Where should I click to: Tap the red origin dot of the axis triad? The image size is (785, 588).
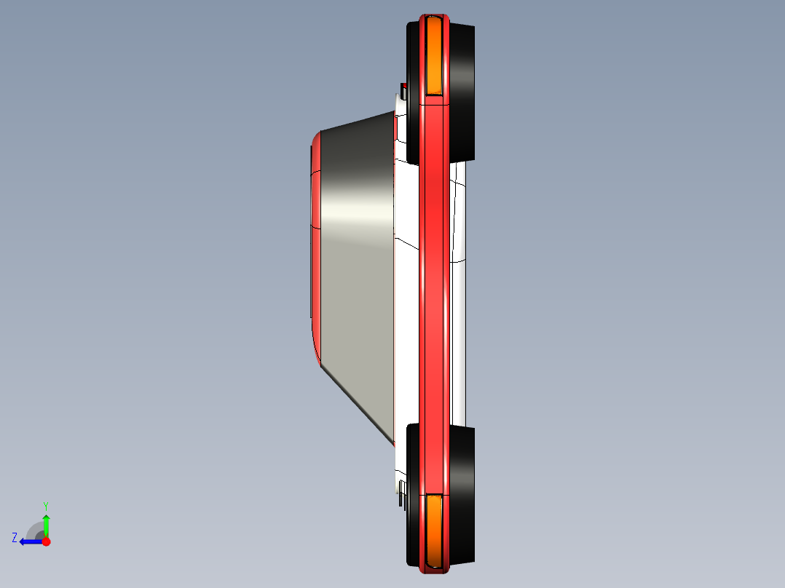(x=46, y=541)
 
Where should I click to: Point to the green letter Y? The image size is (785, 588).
(x=45, y=505)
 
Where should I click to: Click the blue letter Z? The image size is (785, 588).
(x=15, y=538)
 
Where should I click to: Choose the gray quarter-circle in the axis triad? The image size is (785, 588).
(x=36, y=531)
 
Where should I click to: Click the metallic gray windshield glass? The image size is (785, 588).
(x=357, y=255)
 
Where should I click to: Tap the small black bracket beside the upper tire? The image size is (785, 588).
(x=403, y=92)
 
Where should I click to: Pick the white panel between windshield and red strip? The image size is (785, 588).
(x=406, y=327)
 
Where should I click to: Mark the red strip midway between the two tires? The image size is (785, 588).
(x=434, y=291)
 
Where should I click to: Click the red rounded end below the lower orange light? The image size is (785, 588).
(x=434, y=568)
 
